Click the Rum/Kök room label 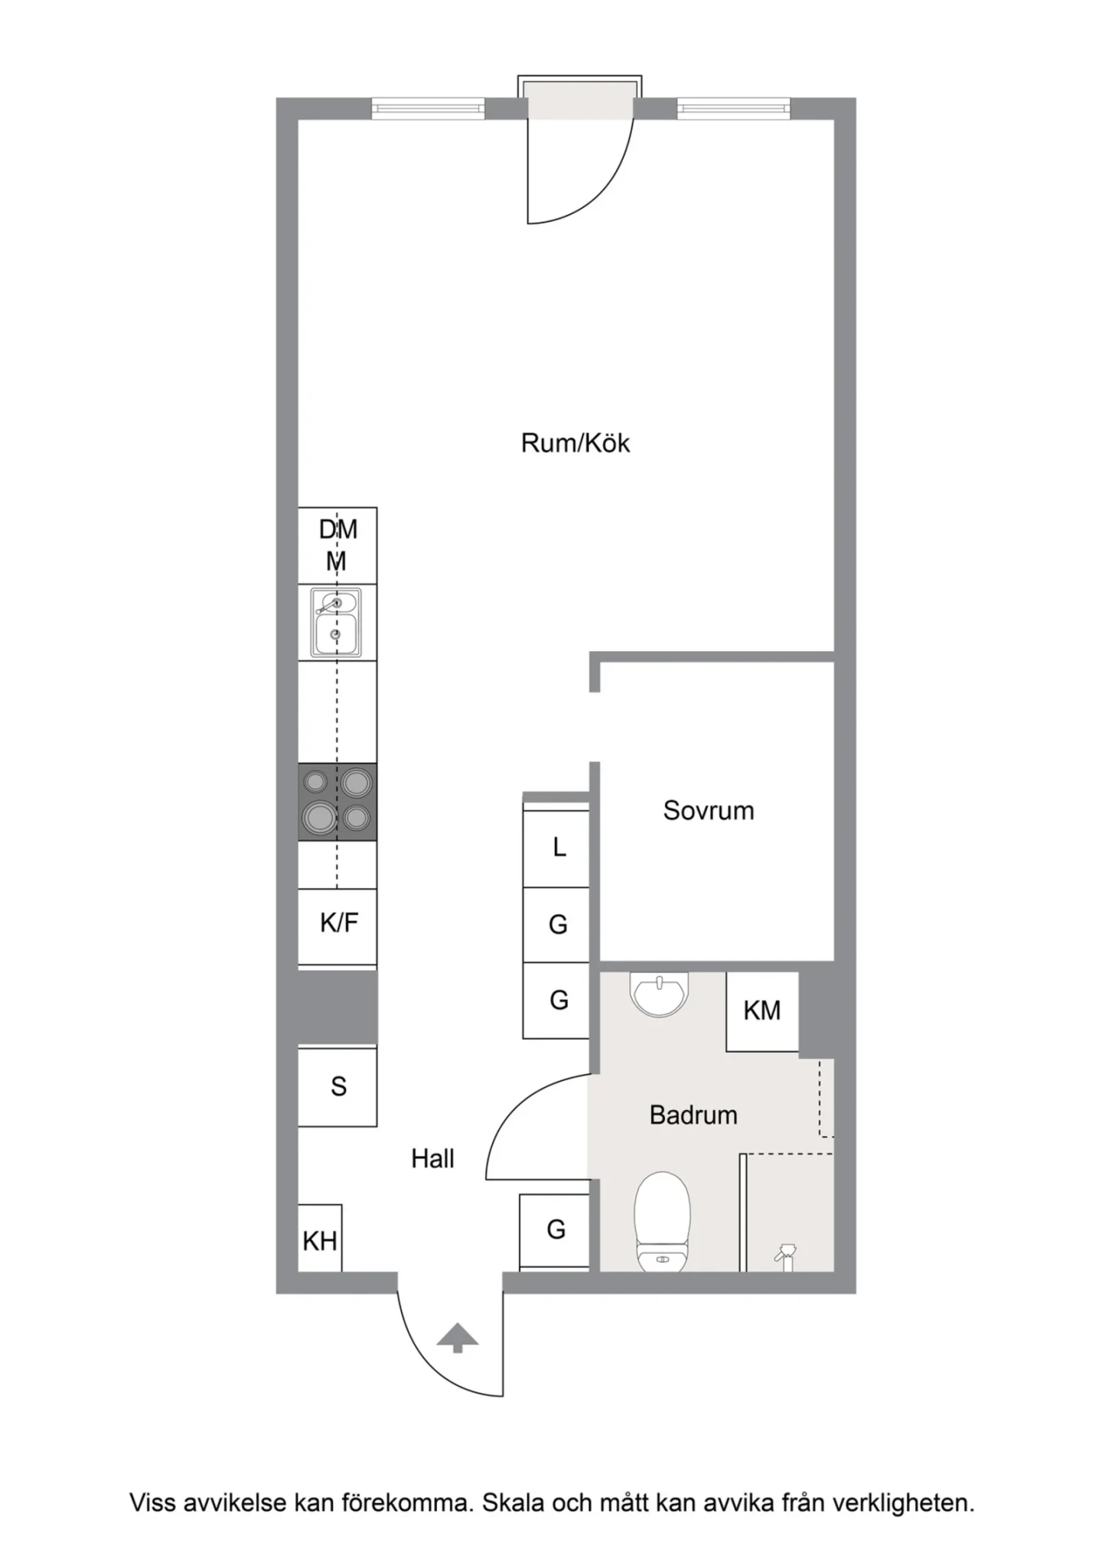[575, 444]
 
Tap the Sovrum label [708, 811]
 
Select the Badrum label [693, 1115]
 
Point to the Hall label [432, 1159]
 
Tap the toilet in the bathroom [663, 1222]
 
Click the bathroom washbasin [659, 994]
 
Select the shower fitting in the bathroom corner [785, 1255]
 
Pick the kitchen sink [336, 622]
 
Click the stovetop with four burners [337, 802]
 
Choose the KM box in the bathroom [762, 1011]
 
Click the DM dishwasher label [337, 529]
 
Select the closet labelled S [337, 1087]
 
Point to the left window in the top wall [429, 109]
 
